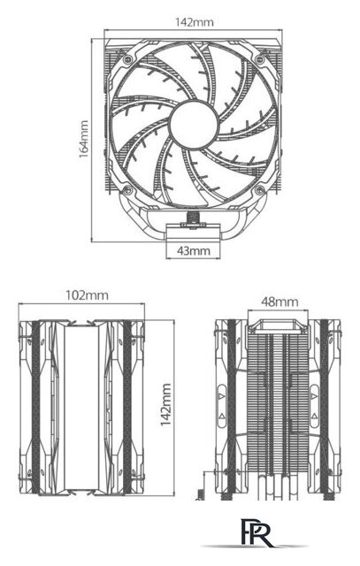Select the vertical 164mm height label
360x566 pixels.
pyautogui.click(x=83, y=138)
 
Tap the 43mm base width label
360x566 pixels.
pyautogui.click(x=192, y=251)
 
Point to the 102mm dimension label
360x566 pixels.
pyautogui.click(x=86, y=294)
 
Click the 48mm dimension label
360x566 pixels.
pyautogui.click(x=280, y=302)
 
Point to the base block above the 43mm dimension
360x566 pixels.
pyautogui.click(x=192, y=233)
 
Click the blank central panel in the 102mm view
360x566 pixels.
pyautogui.click(x=86, y=407)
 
